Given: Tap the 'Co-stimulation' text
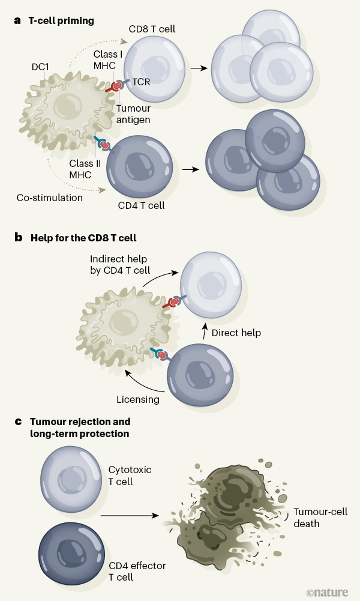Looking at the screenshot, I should [x=49, y=197].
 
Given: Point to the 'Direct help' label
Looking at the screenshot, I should [x=235, y=332].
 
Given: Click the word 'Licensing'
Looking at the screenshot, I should [x=138, y=399].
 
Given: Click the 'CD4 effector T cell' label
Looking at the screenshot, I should [x=137, y=571].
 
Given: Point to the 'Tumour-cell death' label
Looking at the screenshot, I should [x=320, y=518].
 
